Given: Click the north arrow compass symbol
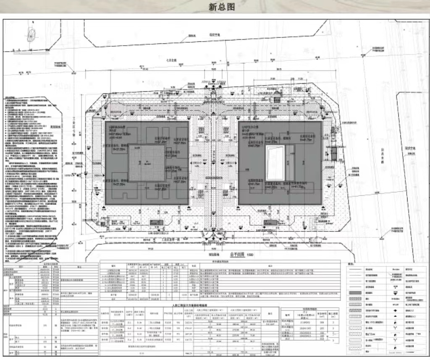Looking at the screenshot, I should [x=31, y=35].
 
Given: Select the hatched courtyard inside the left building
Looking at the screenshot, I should [x=146, y=163].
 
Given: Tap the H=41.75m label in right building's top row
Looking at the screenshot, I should [x=306, y=140].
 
